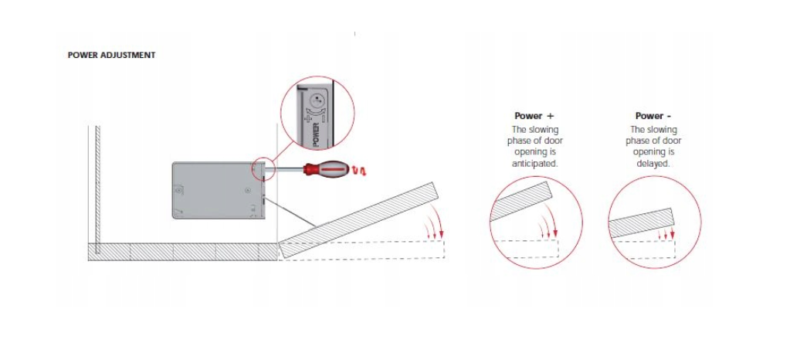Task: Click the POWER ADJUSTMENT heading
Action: [x=111, y=55]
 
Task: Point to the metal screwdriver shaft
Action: [x=289, y=169]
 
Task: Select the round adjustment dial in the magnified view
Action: [x=318, y=101]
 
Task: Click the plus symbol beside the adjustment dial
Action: [x=307, y=118]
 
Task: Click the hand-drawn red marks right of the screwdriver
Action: [x=359, y=172]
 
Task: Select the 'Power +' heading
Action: [x=534, y=116]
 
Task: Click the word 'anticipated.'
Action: [x=534, y=164]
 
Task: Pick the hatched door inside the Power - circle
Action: [x=642, y=222]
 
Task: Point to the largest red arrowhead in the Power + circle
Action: [x=555, y=233]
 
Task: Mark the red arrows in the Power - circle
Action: [x=666, y=234]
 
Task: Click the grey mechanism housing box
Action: [x=218, y=190]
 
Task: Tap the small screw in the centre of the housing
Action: [x=247, y=190]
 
